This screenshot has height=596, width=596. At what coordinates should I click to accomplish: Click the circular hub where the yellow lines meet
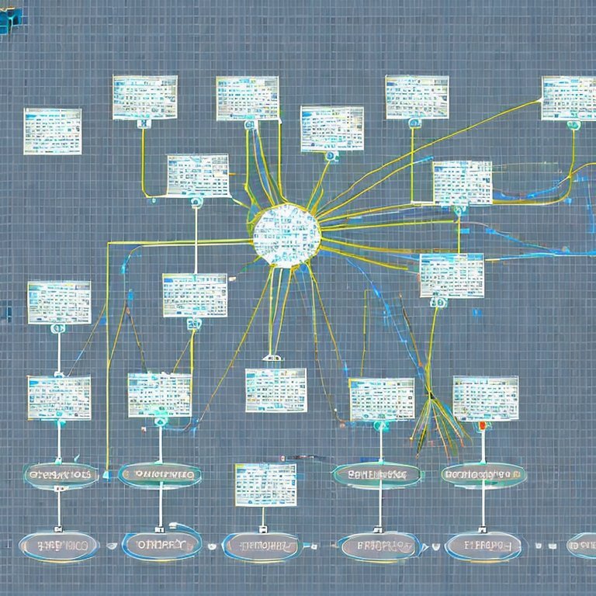point(286,235)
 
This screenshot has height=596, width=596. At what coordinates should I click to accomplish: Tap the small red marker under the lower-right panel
point(483,425)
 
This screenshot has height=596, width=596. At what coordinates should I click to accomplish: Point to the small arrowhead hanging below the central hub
point(270,358)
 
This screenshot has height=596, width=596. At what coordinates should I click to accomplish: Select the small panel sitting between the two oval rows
point(265,484)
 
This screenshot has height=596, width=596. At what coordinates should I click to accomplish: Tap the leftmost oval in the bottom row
point(58,546)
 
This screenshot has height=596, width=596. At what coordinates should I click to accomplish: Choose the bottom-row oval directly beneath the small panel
point(261,546)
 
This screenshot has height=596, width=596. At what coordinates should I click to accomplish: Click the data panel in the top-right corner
point(568,98)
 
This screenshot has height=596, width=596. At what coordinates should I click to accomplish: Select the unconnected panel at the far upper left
point(53,130)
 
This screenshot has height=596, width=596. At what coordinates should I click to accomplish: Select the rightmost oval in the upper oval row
point(483,474)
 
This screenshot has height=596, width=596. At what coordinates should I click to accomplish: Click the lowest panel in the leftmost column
point(59,397)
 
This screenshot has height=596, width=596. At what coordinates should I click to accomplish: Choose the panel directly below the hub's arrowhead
point(275,390)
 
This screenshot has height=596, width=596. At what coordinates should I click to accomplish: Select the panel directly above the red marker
point(485,398)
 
